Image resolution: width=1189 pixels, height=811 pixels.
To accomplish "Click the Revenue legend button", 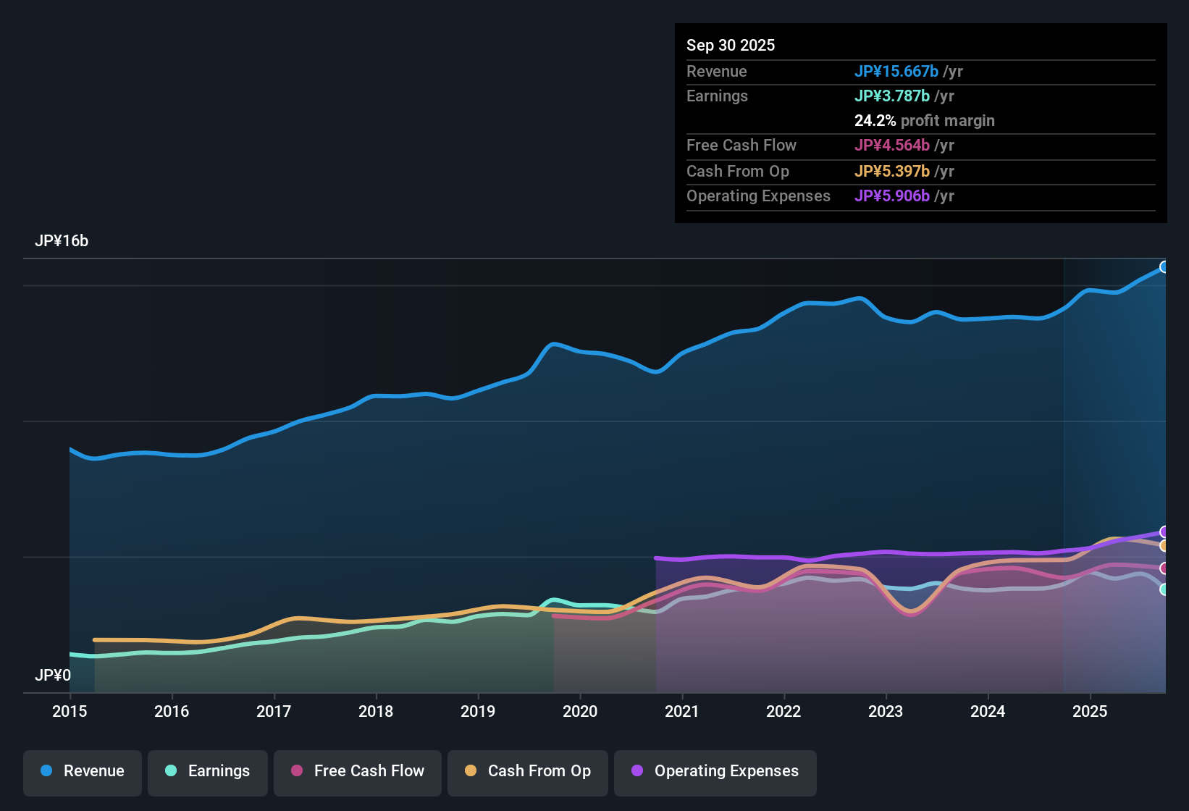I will coord(83,771).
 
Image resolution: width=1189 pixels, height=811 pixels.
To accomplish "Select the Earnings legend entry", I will coord(208,771).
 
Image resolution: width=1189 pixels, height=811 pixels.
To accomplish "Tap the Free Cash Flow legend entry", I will coord(358,771).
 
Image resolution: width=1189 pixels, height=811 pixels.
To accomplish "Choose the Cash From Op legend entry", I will coord(528,771).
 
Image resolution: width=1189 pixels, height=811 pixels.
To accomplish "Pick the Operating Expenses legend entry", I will coord(715,771).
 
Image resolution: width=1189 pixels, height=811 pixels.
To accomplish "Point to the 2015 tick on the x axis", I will coord(70,711).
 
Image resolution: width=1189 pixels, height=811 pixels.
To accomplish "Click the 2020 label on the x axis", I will coord(580,711).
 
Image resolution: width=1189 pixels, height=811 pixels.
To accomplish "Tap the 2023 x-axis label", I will coord(886,711).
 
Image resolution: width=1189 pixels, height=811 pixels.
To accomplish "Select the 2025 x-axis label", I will coord(1090,711).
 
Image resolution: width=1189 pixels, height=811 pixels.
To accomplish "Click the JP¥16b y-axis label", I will coord(62,241).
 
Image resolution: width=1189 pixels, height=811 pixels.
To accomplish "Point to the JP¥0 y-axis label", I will coord(53,676).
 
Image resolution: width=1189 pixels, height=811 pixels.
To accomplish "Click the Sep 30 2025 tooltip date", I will coord(731,45).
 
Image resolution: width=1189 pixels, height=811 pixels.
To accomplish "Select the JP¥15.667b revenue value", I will coord(896,71).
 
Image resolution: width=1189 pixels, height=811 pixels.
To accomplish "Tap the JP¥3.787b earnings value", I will coord(892,96).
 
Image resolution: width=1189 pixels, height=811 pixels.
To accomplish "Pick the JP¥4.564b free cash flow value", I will coord(892,145).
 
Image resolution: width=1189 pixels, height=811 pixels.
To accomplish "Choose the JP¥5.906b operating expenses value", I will coord(892,196).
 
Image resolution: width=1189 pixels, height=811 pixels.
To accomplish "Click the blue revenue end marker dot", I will coord(1164,267).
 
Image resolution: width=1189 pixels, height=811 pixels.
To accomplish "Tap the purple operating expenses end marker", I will coord(1164,532).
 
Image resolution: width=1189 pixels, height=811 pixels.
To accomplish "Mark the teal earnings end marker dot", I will coord(1164,589).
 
